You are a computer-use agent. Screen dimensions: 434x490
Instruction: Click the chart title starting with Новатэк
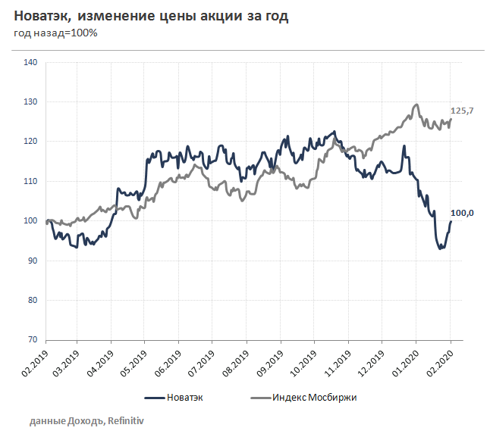[152, 15]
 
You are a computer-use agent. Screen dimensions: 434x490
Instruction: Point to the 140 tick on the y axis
[31, 62]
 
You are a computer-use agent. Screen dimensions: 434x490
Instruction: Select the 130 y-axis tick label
[31, 101]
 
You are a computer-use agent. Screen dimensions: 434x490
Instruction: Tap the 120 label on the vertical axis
[31, 142]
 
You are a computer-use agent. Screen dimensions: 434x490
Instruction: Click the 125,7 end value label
[462, 111]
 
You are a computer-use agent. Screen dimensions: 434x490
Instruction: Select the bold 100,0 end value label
[462, 214]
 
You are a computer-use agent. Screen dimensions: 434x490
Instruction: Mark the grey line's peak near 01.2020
[416, 105]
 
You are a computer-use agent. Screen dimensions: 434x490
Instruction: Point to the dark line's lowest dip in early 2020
[441, 248]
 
